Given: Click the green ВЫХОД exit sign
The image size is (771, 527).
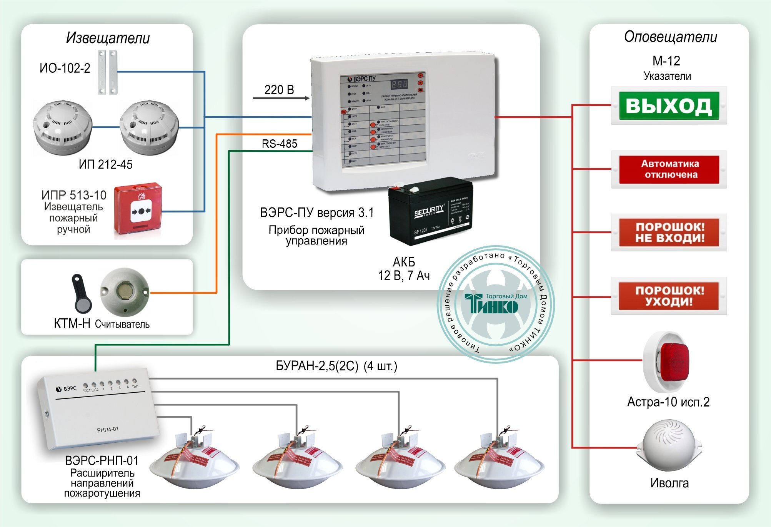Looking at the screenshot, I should [x=669, y=105].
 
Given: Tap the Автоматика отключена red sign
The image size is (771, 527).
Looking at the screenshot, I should [x=669, y=169].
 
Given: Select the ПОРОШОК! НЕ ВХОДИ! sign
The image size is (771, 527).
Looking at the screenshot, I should [x=669, y=233].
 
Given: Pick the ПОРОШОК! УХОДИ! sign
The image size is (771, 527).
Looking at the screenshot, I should [x=669, y=296].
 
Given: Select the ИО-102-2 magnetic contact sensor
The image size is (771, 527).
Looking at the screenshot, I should [x=107, y=72].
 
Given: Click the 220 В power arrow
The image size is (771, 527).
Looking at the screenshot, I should [x=281, y=98].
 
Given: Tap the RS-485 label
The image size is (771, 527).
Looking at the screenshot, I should [x=280, y=144].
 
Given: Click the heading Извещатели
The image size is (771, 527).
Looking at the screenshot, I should [x=108, y=38].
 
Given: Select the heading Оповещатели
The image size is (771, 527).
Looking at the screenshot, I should [x=671, y=37].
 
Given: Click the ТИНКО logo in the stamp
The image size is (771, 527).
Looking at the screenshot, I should [x=495, y=304].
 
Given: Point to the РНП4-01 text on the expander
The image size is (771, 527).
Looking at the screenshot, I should [x=108, y=429].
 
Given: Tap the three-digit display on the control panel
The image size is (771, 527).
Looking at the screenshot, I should [x=399, y=84].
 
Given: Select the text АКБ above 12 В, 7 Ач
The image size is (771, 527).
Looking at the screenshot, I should [x=404, y=262].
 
